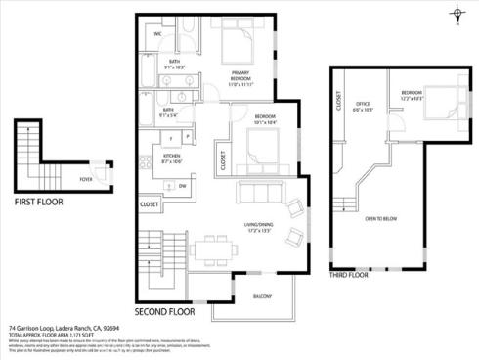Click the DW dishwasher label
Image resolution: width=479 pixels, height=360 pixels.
183,185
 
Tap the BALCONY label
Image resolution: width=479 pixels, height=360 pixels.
262,295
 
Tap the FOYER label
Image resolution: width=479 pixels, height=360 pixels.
86,180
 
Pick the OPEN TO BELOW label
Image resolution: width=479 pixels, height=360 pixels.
379,218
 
